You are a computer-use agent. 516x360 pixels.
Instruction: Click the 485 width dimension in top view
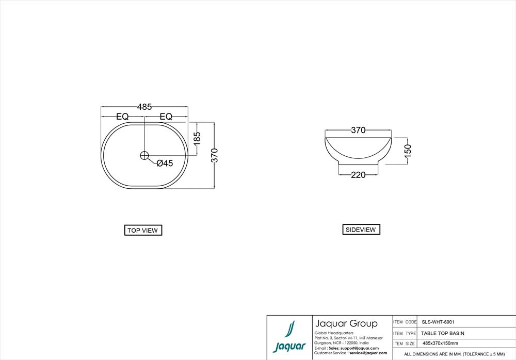point(144,107)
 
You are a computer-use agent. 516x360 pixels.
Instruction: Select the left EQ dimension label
point(122,117)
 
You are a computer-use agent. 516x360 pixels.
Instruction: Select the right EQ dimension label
point(166,117)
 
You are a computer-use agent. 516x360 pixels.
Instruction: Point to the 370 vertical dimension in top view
point(215,155)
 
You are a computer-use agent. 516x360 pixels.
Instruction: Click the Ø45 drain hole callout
point(164,163)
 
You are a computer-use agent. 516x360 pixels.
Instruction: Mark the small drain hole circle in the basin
point(144,155)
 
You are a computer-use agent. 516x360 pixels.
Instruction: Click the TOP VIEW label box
point(143,231)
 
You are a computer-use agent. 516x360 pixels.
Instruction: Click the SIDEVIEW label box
point(361,230)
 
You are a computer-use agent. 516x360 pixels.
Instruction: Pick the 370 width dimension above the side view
point(358,130)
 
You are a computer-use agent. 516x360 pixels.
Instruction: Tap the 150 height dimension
point(408,151)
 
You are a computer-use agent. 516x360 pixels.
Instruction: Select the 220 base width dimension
point(358,175)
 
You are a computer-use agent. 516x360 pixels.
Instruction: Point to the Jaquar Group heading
point(346,324)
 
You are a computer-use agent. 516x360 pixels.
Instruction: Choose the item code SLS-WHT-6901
point(438,322)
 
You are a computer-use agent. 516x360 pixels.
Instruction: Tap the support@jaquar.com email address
point(360,348)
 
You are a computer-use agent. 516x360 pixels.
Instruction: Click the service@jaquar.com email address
point(368,353)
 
